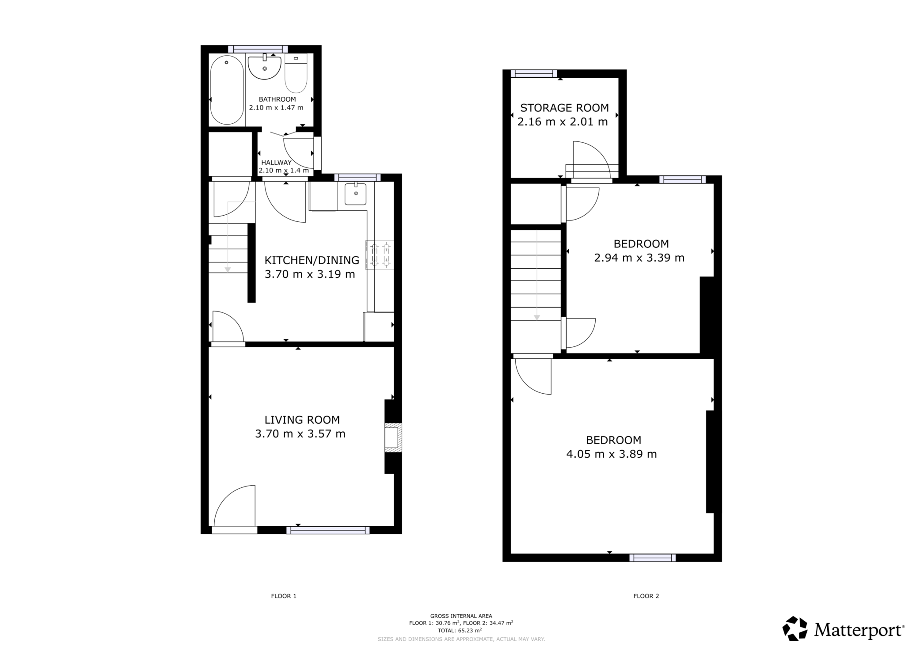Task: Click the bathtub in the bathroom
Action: pyautogui.click(x=227, y=90)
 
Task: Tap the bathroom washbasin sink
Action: pyautogui.click(x=264, y=68)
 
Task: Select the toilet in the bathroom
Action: pyautogui.click(x=296, y=74)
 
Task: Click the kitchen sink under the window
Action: pyautogui.click(x=355, y=194)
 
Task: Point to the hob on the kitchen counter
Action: pyautogui.click(x=380, y=255)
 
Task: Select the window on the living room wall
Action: pyautogui.click(x=328, y=530)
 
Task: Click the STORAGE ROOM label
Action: pyautogui.click(x=564, y=108)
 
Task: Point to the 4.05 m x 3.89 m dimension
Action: pyautogui.click(x=611, y=454)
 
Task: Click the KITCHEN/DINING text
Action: pyautogui.click(x=312, y=260)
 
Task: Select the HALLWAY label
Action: pyautogui.click(x=276, y=163)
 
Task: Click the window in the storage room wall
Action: pyautogui.click(x=533, y=74)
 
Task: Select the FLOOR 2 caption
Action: pyautogui.click(x=646, y=596)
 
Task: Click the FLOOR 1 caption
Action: pyautogui.click(x=283, y=596)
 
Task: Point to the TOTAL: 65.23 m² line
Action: pyautogui.click(x=461, y=631)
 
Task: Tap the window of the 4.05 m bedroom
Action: pyautogui.click(x=652, y=558)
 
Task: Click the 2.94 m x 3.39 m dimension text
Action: pyautogui.click(x=639, y=258)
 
